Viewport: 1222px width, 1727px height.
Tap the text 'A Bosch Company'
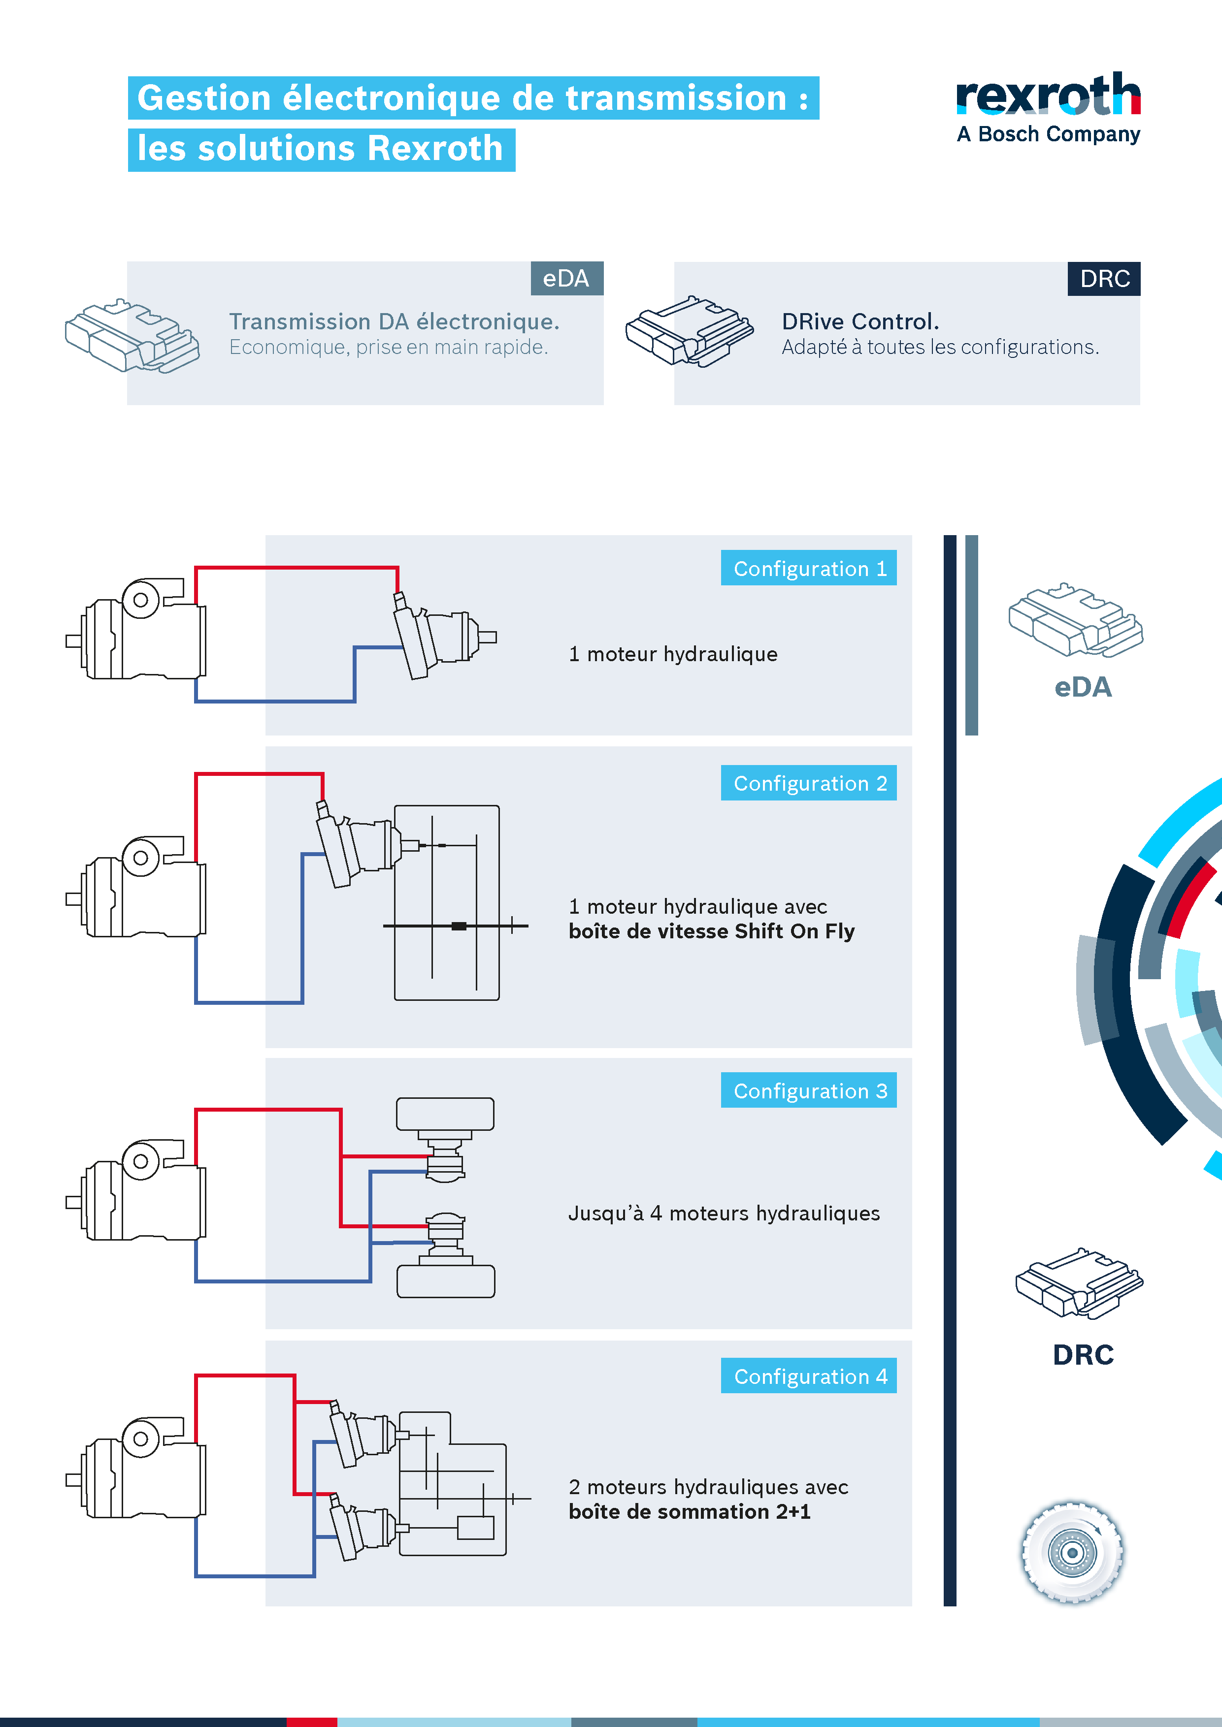pos(1048,134)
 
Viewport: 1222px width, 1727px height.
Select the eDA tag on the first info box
pos(566,278)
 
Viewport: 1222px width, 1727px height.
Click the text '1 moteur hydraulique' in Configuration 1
pos(673,654)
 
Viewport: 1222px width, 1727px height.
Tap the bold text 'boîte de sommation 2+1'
pos(689,1512)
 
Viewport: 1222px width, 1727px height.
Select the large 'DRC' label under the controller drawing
pos(1082,1355)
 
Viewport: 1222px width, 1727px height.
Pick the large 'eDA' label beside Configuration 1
pos(1082,687)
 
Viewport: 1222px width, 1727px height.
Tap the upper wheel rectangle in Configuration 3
pos(445,1113)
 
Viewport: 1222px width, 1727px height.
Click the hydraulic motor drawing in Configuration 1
pos(440,636)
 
